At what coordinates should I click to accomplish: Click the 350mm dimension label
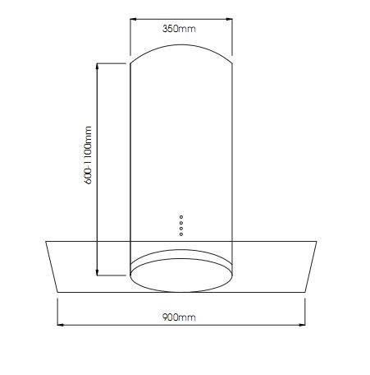[x=179, y=29]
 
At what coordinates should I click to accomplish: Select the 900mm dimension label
[x=179, y=317]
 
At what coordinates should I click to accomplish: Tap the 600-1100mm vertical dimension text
[x=88, y=155]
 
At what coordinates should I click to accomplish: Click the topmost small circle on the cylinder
[x=181, y=217]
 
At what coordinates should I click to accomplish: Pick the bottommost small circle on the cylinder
[x=181, y=234]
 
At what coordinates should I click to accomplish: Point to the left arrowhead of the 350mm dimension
[x=133, y=19]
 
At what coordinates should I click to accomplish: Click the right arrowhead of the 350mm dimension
[x=229, y=19]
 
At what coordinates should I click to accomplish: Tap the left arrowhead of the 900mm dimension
[x=61, y=325]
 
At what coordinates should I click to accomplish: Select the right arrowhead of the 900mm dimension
[x=302, y=325]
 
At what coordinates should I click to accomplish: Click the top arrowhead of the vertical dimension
[x=98, y=67]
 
